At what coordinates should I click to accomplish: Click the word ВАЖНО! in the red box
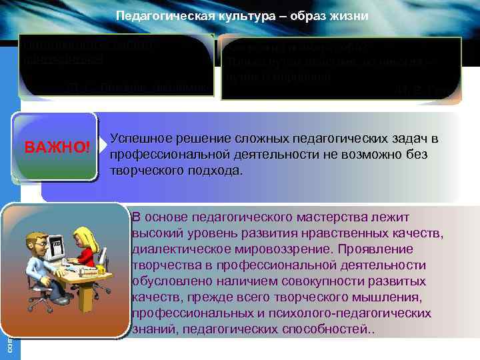point(57,146)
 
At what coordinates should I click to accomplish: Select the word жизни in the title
point(347,15)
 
